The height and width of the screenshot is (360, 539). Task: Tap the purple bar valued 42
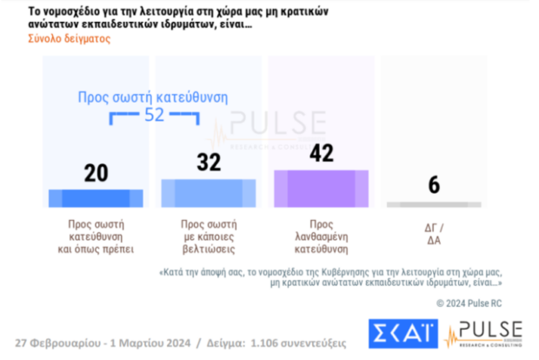[x=322, y=187]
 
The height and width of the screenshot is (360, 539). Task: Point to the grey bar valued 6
[x=432, y=204]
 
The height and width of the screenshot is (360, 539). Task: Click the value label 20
[x=96, y=173]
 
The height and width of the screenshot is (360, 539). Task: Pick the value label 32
[x=209, y=163]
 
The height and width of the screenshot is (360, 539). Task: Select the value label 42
[x=322, y=153]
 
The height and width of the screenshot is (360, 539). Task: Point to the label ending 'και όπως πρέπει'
[x=96, y=245]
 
